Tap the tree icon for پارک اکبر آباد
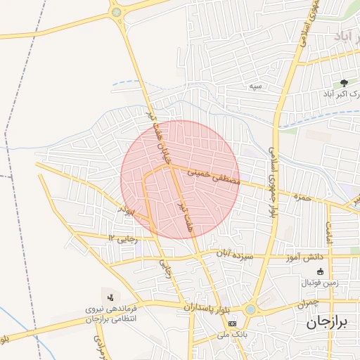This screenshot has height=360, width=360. click(x=344, y=82)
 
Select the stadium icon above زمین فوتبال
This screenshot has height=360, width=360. click(x=321, y=271)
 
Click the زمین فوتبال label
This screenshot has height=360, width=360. click(x=320, y=283)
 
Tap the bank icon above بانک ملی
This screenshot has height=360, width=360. click(x=232, y=322)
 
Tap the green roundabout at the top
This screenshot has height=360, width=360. click(x=116, y=11)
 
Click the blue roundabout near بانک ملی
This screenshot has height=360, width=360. click(x=251, y=309)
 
